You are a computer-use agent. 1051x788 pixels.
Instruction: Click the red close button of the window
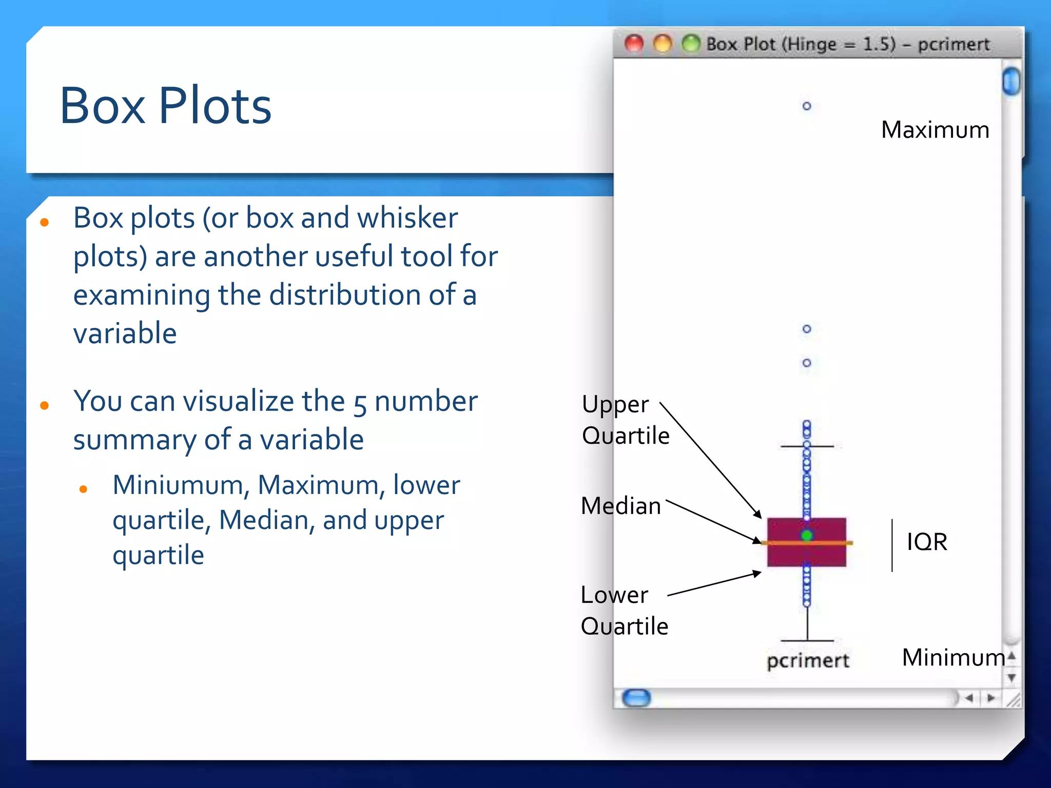[x=634, y=44]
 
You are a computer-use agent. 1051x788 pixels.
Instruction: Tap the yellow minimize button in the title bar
[x=663, y=44]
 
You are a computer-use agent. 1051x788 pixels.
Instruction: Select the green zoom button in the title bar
[x=691, y=44]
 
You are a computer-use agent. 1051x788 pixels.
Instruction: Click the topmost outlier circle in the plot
[x=807, y=106]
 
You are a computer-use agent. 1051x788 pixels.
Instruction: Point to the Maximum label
[x=935, y=130]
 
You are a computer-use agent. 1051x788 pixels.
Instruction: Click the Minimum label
[x=953, y=657]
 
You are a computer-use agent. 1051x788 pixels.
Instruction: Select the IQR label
[x=927, y=542]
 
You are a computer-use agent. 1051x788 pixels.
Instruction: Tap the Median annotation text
[x=621, y=506]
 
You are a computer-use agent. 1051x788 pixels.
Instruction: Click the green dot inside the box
[x=807, y=536]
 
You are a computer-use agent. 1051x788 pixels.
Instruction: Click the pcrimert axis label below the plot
[x=808, y=660]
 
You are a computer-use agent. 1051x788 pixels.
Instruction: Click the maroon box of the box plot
[x=785, y=554]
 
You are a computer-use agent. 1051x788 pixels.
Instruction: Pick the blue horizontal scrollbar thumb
[x=636, y=698]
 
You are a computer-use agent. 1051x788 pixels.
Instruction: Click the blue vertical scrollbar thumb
[x=1011, y=81]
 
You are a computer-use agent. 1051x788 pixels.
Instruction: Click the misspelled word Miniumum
[x=178, y=485]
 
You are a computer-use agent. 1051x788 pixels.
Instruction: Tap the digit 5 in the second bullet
[x=360, y=403]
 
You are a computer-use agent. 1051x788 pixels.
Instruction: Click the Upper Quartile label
[x=626, y=420]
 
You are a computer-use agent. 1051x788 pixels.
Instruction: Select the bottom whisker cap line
[x=807, y=641]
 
